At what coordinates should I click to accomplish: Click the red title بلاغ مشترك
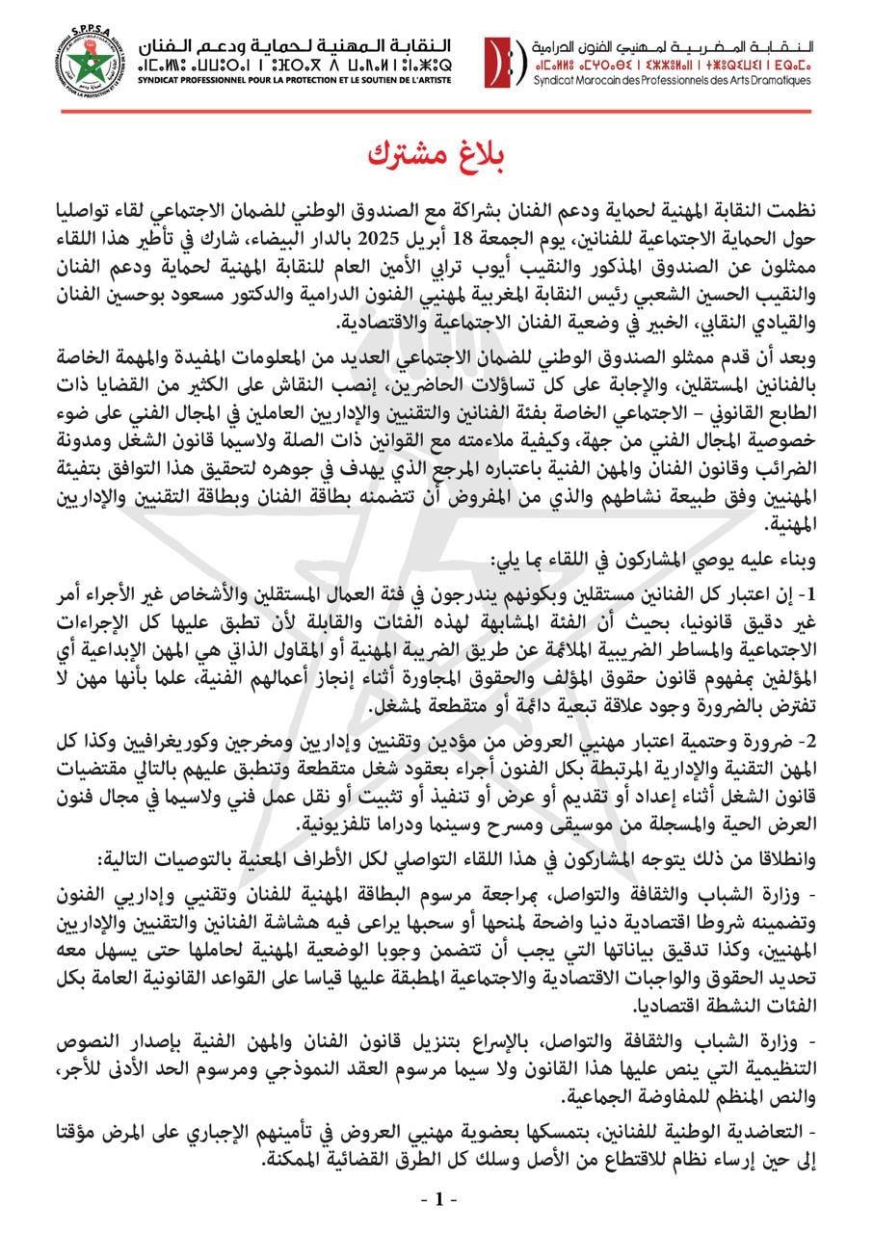(436, 154)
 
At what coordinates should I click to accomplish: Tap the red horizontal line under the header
(436, 111)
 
